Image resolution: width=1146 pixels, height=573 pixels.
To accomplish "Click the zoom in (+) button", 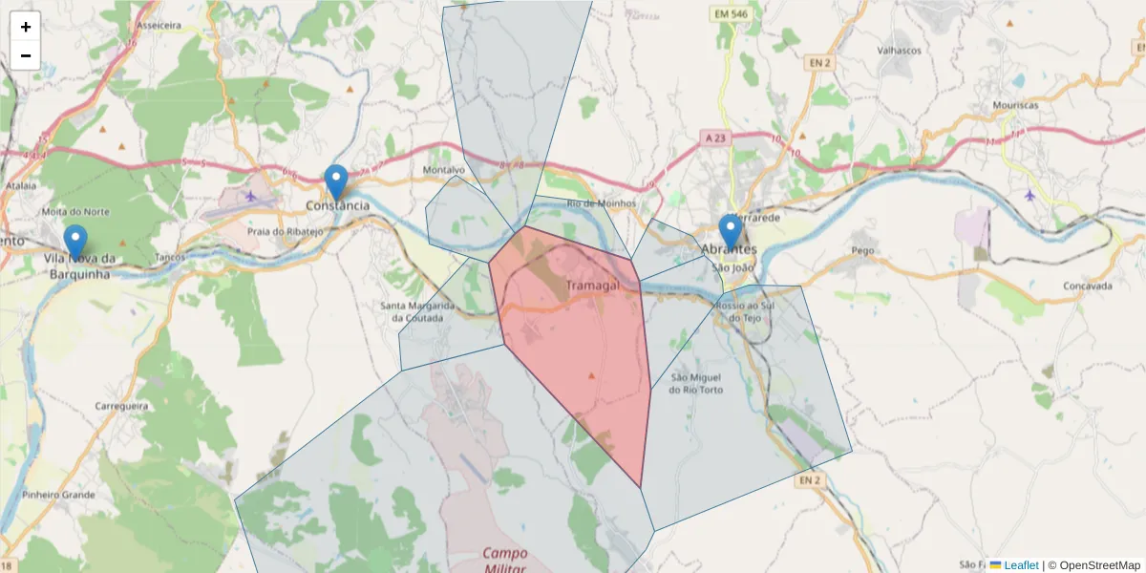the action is click(26, 27).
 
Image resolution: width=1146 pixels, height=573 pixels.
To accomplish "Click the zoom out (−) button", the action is click(26, 55).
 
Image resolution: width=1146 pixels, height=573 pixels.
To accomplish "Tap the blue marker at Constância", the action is click(336, 181).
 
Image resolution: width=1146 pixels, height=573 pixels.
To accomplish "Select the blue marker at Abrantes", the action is click(731, 231).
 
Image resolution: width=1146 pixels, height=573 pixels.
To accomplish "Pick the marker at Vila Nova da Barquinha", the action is click(74, 242).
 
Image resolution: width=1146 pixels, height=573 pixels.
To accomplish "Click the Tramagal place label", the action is click(592, 286).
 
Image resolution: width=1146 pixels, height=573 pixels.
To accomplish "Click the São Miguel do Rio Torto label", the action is click(696, 383).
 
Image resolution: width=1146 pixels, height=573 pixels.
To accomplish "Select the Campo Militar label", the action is click(505, 560).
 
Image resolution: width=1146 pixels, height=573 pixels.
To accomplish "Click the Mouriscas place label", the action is click(1015, 105).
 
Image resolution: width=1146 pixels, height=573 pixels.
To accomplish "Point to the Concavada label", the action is click(1088, 286).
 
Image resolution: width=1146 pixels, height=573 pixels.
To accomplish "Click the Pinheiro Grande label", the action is click(59, 495).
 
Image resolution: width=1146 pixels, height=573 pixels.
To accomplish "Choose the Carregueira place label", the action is click(121, 406).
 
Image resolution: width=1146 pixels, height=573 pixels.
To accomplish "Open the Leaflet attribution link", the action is click(1020, 565).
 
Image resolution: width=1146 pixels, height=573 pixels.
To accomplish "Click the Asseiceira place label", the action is click(159, 26).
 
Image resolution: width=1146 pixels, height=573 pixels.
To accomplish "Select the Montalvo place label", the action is click(443, 170).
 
